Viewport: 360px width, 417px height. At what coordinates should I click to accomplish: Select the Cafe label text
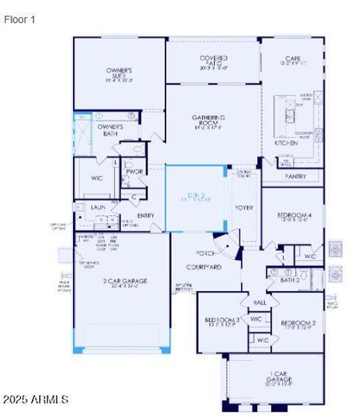[x=292, y=58]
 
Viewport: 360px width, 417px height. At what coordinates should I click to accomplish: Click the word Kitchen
[x=285, y=142]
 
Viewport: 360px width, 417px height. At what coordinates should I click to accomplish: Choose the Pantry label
[x=295, y=177]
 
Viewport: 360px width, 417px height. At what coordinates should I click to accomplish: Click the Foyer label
[x=243, y=207]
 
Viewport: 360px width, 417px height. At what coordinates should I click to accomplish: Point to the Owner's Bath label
[x=110, y=130]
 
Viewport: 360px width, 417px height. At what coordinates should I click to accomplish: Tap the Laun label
[x=98, y=206]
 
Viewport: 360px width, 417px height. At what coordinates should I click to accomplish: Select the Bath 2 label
[x=290, y=279]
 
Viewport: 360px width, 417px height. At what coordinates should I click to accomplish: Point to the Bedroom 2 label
[x=298, y=323]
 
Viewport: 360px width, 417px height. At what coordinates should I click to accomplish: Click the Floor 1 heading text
[x=19, y=20]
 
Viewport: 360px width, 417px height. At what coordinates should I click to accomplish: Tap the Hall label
[x=259, y=303]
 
